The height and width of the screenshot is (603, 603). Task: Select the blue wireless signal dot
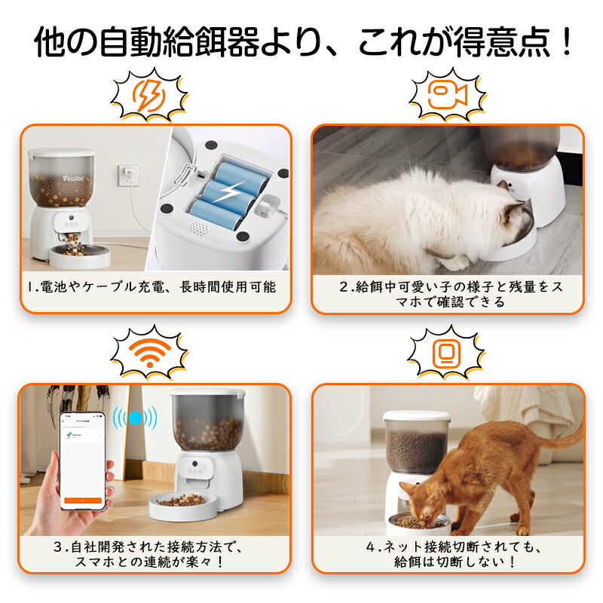pos(135,418)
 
